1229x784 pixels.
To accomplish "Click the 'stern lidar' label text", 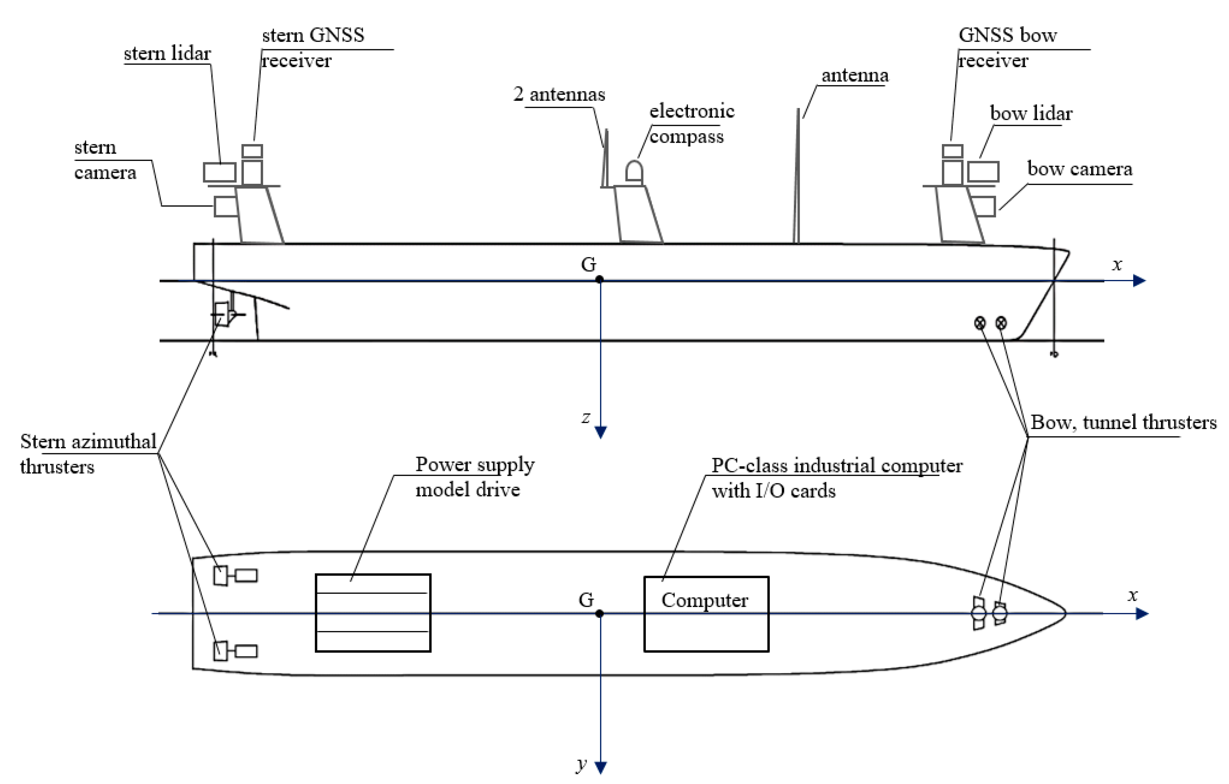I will pos(167,53).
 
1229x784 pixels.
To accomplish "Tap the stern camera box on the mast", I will pos(225,206).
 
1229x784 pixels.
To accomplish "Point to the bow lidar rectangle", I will pos(983,172).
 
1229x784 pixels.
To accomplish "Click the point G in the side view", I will pos(599,279).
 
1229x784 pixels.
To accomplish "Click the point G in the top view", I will pos(599,613).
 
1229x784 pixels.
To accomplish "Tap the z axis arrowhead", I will pos(601,432).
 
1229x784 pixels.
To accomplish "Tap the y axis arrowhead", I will pos(601,767).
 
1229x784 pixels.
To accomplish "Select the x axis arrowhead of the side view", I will pos(1139,280).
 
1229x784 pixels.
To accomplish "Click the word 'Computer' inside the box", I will pos(704,600).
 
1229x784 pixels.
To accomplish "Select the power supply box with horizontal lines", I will pos(373,612).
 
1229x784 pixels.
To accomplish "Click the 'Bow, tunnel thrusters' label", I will pos(1123,423).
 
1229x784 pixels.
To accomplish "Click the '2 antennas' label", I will pos(559,94).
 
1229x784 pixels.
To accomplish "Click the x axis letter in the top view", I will pos(1132,595).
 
